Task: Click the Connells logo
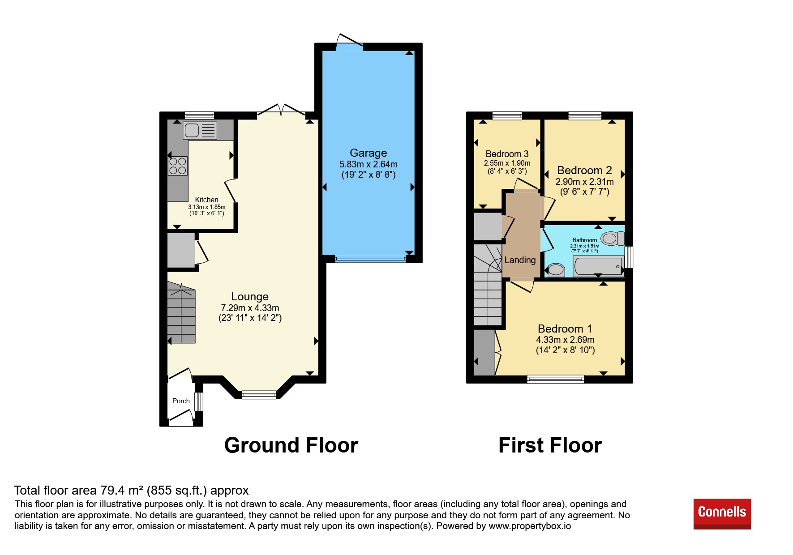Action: pos(722,514)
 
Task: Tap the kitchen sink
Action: pos(200,130)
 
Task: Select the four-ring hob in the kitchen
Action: pos(178,166)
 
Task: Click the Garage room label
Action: pos(368,153)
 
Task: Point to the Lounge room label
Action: pos(250,297)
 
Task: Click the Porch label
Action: pos(181,401)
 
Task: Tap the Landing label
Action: pos(520,260)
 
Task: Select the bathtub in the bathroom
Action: pos(598,266)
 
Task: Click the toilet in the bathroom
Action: pos(613,238)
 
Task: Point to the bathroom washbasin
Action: pos(556,269)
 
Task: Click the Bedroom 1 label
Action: pos(565,329)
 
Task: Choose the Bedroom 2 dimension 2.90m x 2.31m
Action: pos(584,182)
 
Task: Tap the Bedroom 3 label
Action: pos(507,154)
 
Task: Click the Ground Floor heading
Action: pos(291,445)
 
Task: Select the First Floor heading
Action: pos(550,445)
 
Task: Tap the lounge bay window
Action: pos(259,395)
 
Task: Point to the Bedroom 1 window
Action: pos(556,380)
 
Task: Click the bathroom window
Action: pos(629,257)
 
